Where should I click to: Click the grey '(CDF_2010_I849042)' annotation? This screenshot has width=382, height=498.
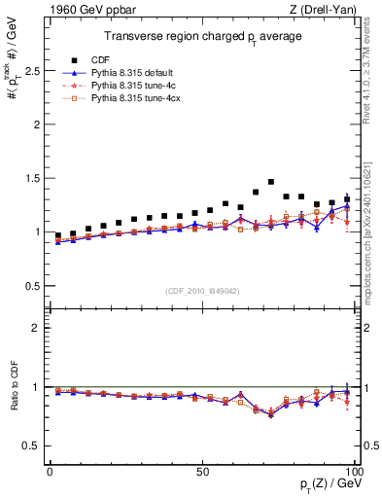point(201,290)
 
